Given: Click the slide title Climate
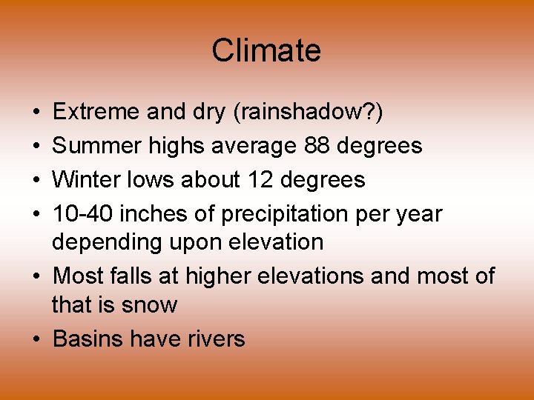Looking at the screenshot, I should [266, 51].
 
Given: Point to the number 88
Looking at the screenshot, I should [317, 146].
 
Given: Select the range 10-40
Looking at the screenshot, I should [83, 214].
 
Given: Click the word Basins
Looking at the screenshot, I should [88, 339].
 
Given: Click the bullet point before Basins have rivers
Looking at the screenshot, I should [37, 340].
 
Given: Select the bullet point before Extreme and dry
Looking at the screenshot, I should [37, 113].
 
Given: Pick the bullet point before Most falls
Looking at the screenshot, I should [37, 277].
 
